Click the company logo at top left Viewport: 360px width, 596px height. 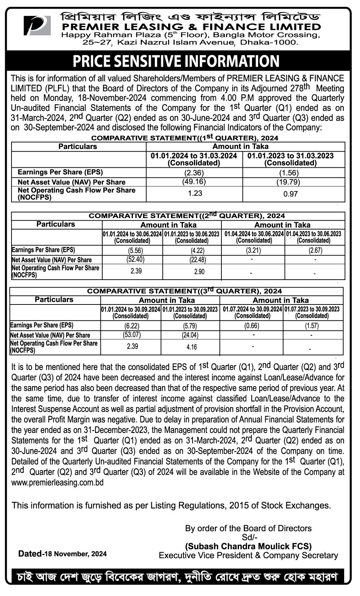[37, 26]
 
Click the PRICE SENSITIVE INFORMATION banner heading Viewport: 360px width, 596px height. [176, 61]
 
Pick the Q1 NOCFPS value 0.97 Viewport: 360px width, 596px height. [291, 194]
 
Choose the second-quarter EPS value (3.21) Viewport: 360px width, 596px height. [253, 250]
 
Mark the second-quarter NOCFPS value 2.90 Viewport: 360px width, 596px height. [199, 272]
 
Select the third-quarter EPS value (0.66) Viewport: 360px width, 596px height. [252, 326]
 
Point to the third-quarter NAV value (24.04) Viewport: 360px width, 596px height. [190, 335]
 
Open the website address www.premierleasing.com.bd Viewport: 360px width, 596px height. [58, 483]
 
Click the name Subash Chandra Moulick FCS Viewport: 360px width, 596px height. [248, 546]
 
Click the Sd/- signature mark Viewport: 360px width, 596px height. [248, 537]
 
